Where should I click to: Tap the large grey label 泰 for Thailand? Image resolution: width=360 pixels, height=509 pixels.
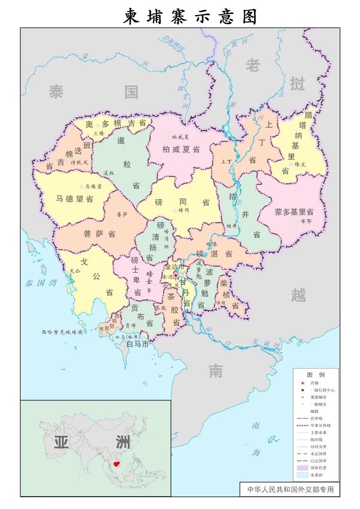[x=56, y=92]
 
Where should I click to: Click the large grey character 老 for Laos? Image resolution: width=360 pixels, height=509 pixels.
[x=252, y=66]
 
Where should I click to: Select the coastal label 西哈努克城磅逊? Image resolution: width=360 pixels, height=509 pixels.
[x=62, y=332]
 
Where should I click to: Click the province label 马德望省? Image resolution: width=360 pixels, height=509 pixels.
[x=75, y=198]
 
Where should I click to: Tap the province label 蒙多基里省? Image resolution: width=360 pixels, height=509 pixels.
[x=294, y=212]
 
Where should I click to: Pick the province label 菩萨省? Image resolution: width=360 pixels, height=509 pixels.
[x=100, y=234]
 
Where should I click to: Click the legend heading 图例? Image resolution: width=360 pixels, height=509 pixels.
[x=315, y=374]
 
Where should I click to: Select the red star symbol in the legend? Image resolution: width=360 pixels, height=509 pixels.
[x=302, y=383]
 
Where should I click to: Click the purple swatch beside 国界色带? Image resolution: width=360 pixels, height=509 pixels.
[x=302, y=467]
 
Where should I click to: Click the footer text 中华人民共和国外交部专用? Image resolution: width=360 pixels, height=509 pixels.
[x=290, y=489]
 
